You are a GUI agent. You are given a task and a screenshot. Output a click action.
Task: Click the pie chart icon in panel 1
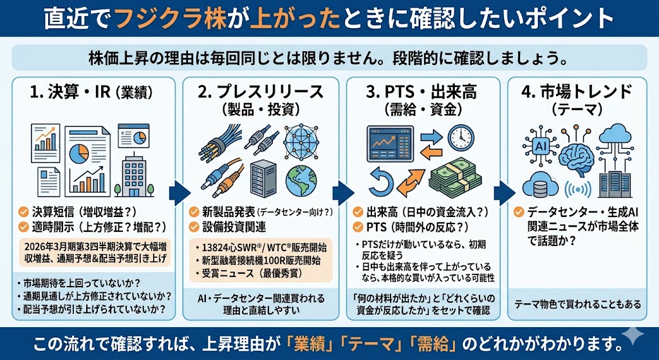[x=78, y=153]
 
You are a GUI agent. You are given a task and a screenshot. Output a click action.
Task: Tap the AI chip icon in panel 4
[x=539, y=146]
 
